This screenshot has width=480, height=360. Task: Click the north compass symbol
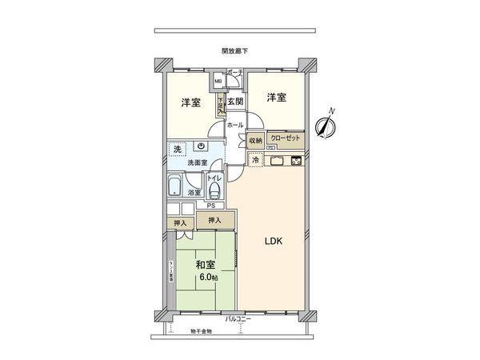coord(325,126)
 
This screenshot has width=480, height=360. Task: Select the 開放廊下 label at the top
coord(235,51)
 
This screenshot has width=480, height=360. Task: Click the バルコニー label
coord(238,319)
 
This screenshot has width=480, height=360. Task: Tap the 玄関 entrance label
coord(234,102)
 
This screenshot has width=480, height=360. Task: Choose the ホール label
coord(235,126)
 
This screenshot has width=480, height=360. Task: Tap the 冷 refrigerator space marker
coord(255,160)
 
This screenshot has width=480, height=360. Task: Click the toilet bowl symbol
coord(214,190)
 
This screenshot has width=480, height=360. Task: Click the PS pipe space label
coord(210,205)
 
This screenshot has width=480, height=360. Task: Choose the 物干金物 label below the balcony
coord(202,330)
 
